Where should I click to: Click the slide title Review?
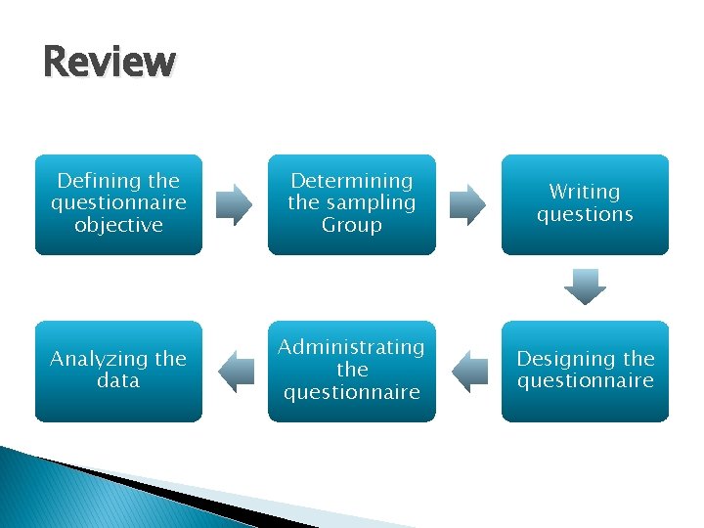tap(110, 62)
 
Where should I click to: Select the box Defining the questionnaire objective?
tap(118, 203)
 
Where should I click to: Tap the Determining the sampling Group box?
tap(352, 203)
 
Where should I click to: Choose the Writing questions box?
tap(585, 203)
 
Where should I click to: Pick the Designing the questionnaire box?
tap(585, 371)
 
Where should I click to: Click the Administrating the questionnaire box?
tap(352, 371)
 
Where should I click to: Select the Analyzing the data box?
tap(118, 371)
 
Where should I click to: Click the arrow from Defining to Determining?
tap(235, 203)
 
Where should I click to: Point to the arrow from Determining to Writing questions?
tap(467, 203)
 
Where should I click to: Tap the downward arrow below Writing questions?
tap(585, 287)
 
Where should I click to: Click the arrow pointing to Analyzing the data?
tap(235, 371)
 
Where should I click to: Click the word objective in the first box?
tap(118, 225)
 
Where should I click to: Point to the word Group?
tap(352, 225)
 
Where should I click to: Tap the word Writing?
tap(585, 192)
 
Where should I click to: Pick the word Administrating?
tap(352, 348)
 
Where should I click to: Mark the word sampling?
tap(369, 203)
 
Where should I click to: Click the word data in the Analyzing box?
tap(118, 381)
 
